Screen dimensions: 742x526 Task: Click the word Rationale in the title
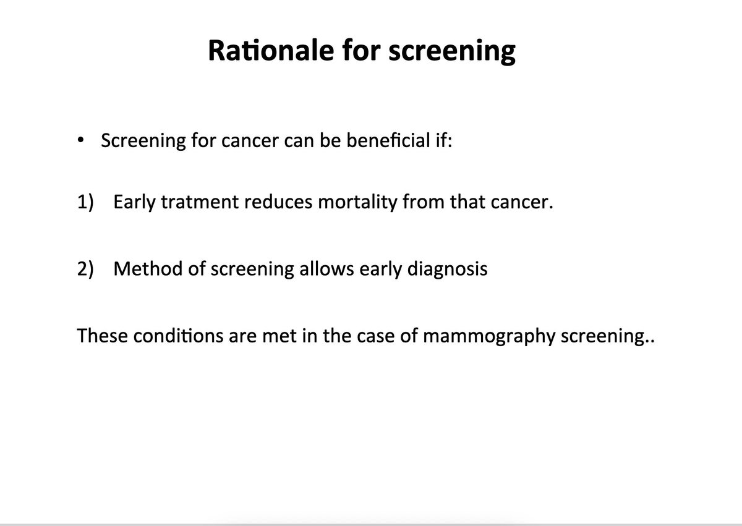click(271, 50)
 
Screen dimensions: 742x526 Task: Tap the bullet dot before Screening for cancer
click(80, 140)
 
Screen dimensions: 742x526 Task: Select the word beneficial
click(388, 140)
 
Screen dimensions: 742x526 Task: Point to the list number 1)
click(85, 201)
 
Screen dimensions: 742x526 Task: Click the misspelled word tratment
click(200, 202)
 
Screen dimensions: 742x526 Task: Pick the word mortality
click(357, 203)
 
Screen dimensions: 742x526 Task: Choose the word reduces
click(278, 202)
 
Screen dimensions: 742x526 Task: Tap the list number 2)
click(85, 268)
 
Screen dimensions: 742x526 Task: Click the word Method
click(148, 268)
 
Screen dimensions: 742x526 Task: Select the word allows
click(326, 268)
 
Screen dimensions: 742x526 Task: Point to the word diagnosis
click(447, 269)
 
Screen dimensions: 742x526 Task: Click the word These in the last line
click(103, 336)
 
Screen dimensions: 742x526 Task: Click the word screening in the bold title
click(452, 51)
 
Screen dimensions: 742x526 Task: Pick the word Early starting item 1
click(134, 203)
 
